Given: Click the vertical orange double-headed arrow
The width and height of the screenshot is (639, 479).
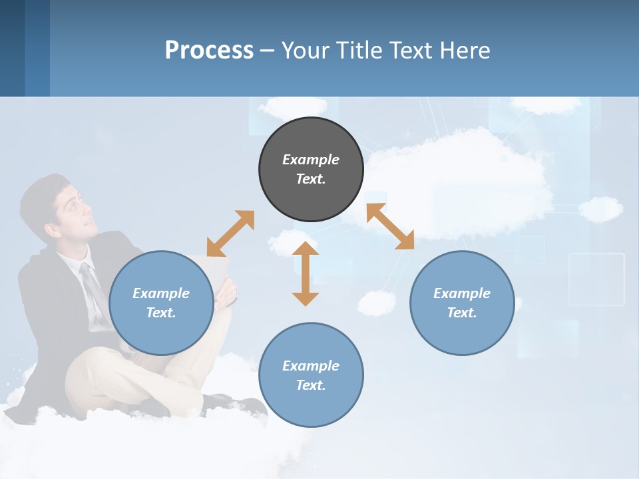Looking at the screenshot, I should pyautogui.click(x=306, y=273).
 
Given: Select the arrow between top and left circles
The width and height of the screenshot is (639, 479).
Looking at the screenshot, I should pyautogui.click(x=230, y=234).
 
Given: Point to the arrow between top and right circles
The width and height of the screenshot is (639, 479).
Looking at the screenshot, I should pyautogui.click(x=390, y=226).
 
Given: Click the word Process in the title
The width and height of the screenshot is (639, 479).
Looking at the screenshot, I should pyautogui.click(x=209, y=50).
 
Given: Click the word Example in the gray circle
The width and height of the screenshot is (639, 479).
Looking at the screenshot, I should pyautogui.click(x=311, y=160).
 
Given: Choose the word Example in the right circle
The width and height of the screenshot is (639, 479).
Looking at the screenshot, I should pyautogui.click(x=462, y=293).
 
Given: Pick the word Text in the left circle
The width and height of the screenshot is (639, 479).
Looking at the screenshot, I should pyautogui.click(x=161, y=313).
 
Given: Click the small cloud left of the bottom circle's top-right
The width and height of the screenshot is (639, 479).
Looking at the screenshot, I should pyautogui.click(x=376, y=303).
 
